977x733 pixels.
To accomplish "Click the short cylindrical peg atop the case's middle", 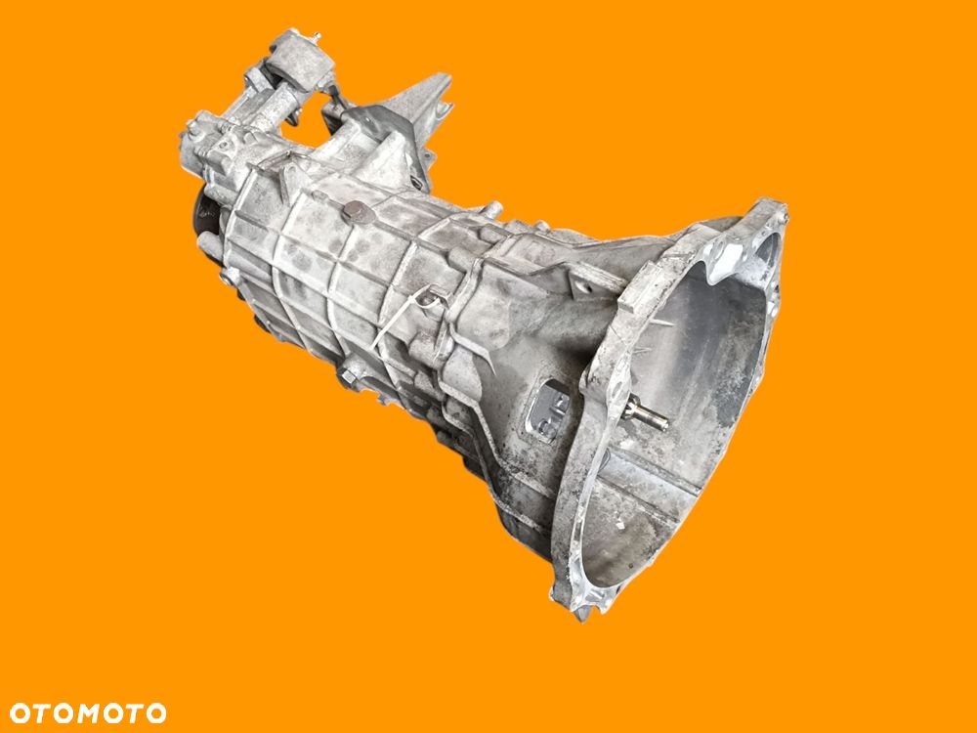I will click(495, 209).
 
